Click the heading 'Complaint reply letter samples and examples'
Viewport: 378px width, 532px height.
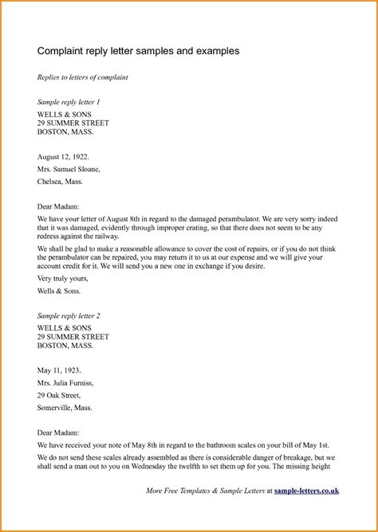(x=138, y=50)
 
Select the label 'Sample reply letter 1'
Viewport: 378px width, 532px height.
(x=69, y=103)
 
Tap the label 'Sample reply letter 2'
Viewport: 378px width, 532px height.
(x=69, y=316)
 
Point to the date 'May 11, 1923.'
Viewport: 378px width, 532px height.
(x=59, y=370)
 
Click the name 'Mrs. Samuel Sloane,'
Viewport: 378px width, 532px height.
(x=69, y=170)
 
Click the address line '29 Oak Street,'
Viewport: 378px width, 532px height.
(x=59, y=395)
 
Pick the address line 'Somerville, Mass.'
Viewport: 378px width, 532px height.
(x=65, y=407)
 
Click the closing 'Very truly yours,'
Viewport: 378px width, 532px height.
(x=63, y=280)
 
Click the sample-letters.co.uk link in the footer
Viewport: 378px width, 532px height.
(x=306, y=491)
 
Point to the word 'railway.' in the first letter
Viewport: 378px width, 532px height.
(x=104, y=236)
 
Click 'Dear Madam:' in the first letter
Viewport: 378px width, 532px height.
(x=57, y=204)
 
